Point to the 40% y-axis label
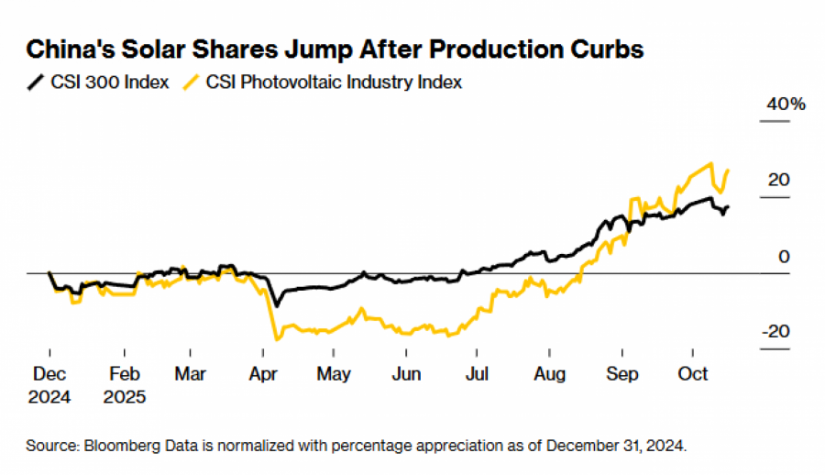tap(786, 105)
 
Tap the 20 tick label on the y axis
tap(778, 180)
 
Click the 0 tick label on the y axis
tap(784, 257)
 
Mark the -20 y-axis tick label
tap(775, 332)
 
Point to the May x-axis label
tap(334, 374)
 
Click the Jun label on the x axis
tap(406, 374)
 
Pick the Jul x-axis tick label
tap(476, 374)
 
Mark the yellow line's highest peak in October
tap(710, 164)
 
